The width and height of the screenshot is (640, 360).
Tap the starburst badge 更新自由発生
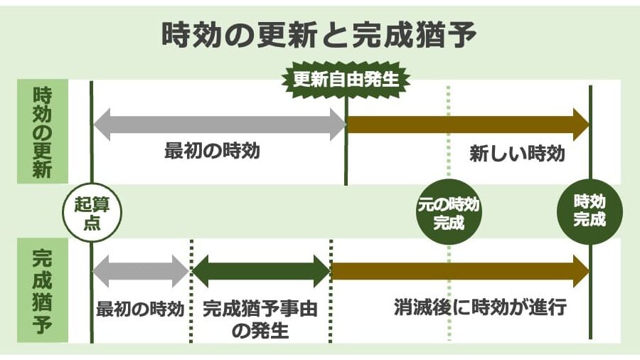coord(346,79)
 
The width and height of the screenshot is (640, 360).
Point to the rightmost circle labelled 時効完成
coord(590,211)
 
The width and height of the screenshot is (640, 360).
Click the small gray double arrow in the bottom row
coord(140,271)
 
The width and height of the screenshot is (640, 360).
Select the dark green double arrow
coord(262,271)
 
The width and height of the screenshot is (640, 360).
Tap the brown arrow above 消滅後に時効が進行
coord(459,271)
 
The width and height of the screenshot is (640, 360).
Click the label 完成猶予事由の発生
coord(260,318)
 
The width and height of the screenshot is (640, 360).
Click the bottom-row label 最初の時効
coord(140,309)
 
